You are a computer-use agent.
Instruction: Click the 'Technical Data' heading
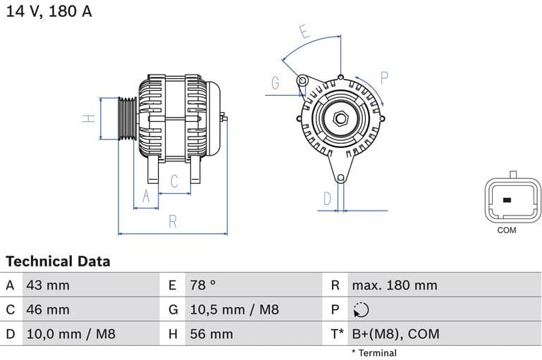pyautogui.click(x=58, y=261)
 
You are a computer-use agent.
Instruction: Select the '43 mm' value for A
pyautogui.click(x=47, y=285)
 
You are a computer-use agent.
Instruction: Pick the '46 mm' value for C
pyautogui.click(x=47, y=309)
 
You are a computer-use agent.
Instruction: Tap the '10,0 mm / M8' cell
pyautogui.click(x=70, y=334)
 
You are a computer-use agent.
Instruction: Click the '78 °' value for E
pyautogui.click(x=203, y=285)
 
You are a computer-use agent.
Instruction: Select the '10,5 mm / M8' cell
pyautogui.click(x=234, y=309)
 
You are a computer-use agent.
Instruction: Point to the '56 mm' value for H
pyautogui.click(x=211, y=334)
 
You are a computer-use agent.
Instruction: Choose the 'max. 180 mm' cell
pyautogui.click(x=394, y=285)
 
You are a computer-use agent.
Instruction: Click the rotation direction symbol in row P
pyautogui.click(x=360, y=310)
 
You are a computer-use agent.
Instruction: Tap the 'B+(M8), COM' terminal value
pyautogui.click(x=395, y=334)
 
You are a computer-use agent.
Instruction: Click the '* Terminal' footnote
pyautogui.click(x=374, y=353)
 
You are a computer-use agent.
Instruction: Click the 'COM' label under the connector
pyautogui.click(x=506, y=230)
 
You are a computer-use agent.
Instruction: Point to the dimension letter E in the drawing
pyautogui.click(x=304, y=32)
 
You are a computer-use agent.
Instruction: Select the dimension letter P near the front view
pyautogui.click(x=385, y=77)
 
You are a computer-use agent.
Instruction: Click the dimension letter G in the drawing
pyautogui.click(x=276, y=83)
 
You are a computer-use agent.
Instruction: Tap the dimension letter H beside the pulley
pyautogui.click(x=89, y=118)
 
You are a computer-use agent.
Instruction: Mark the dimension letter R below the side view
pyautogui.click(x=173, y=222)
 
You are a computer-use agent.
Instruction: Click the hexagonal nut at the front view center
pyautogui.click(x=340, y=118)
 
